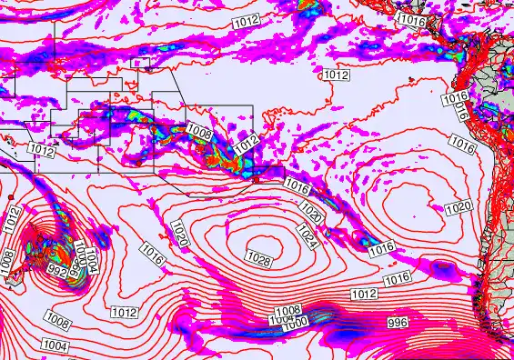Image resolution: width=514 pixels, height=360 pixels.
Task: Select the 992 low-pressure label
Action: point(56,270)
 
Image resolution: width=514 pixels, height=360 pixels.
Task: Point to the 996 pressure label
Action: point(398,323)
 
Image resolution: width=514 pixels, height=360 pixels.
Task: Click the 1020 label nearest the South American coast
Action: point(459,208)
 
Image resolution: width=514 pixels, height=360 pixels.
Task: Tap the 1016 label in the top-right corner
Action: point(412,19)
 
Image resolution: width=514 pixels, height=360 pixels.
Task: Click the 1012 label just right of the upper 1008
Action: point(246,144)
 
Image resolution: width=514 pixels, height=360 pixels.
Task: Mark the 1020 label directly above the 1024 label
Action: point(311,214)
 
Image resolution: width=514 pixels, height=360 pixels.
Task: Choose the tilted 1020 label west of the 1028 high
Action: point(178,232)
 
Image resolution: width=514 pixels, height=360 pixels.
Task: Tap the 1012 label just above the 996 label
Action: point(364,294)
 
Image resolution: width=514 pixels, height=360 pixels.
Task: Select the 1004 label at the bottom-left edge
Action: point(55,345)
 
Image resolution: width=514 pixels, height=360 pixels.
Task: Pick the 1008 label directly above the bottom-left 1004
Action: point(57,321)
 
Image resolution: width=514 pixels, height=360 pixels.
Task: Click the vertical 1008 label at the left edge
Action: point(9,259)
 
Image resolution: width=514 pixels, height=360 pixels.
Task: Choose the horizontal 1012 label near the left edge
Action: point(40,147)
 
